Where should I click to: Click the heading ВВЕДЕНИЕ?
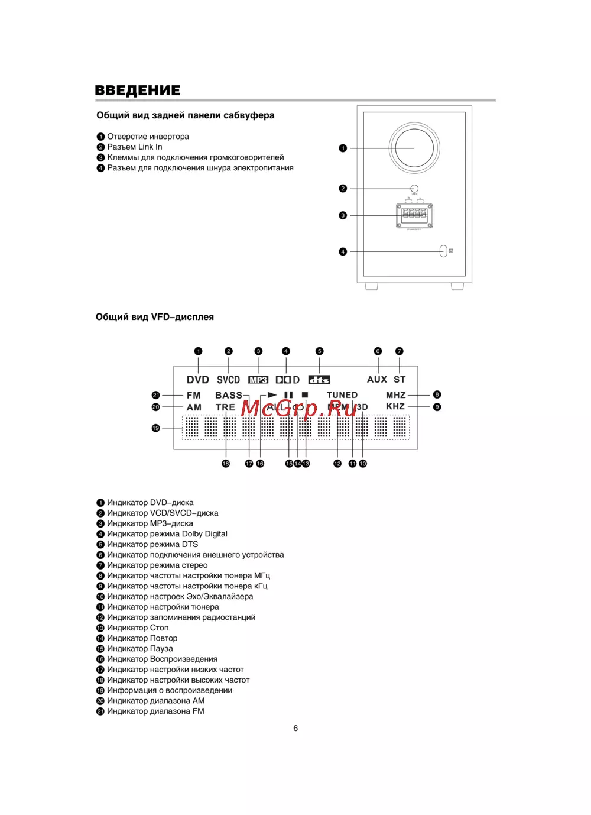pos(138,90)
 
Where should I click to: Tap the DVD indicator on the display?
pos(198,380)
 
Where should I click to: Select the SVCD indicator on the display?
pos(228,380)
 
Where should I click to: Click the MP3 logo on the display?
pos(258,380)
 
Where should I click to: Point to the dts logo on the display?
pos(319,380)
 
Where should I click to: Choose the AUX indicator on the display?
pos(377,380)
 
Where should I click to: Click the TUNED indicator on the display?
pos(342,395)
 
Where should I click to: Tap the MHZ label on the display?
pos(396,395)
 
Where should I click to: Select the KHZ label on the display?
pos(395,406)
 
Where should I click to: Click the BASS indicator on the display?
pos(229,395)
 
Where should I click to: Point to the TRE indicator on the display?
pos(225,408)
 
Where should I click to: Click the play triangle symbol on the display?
pos(272,394)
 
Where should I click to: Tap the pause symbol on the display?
pos(288,394)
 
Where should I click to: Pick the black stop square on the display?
pos(305,394)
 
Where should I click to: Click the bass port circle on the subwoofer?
pos(414,148)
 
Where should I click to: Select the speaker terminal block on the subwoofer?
pos(414,215)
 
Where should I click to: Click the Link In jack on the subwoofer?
pos(414,189)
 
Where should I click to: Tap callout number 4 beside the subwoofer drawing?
pos(343,251)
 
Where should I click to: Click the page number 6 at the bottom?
pos(295,728)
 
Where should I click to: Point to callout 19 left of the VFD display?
pos(156,428)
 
